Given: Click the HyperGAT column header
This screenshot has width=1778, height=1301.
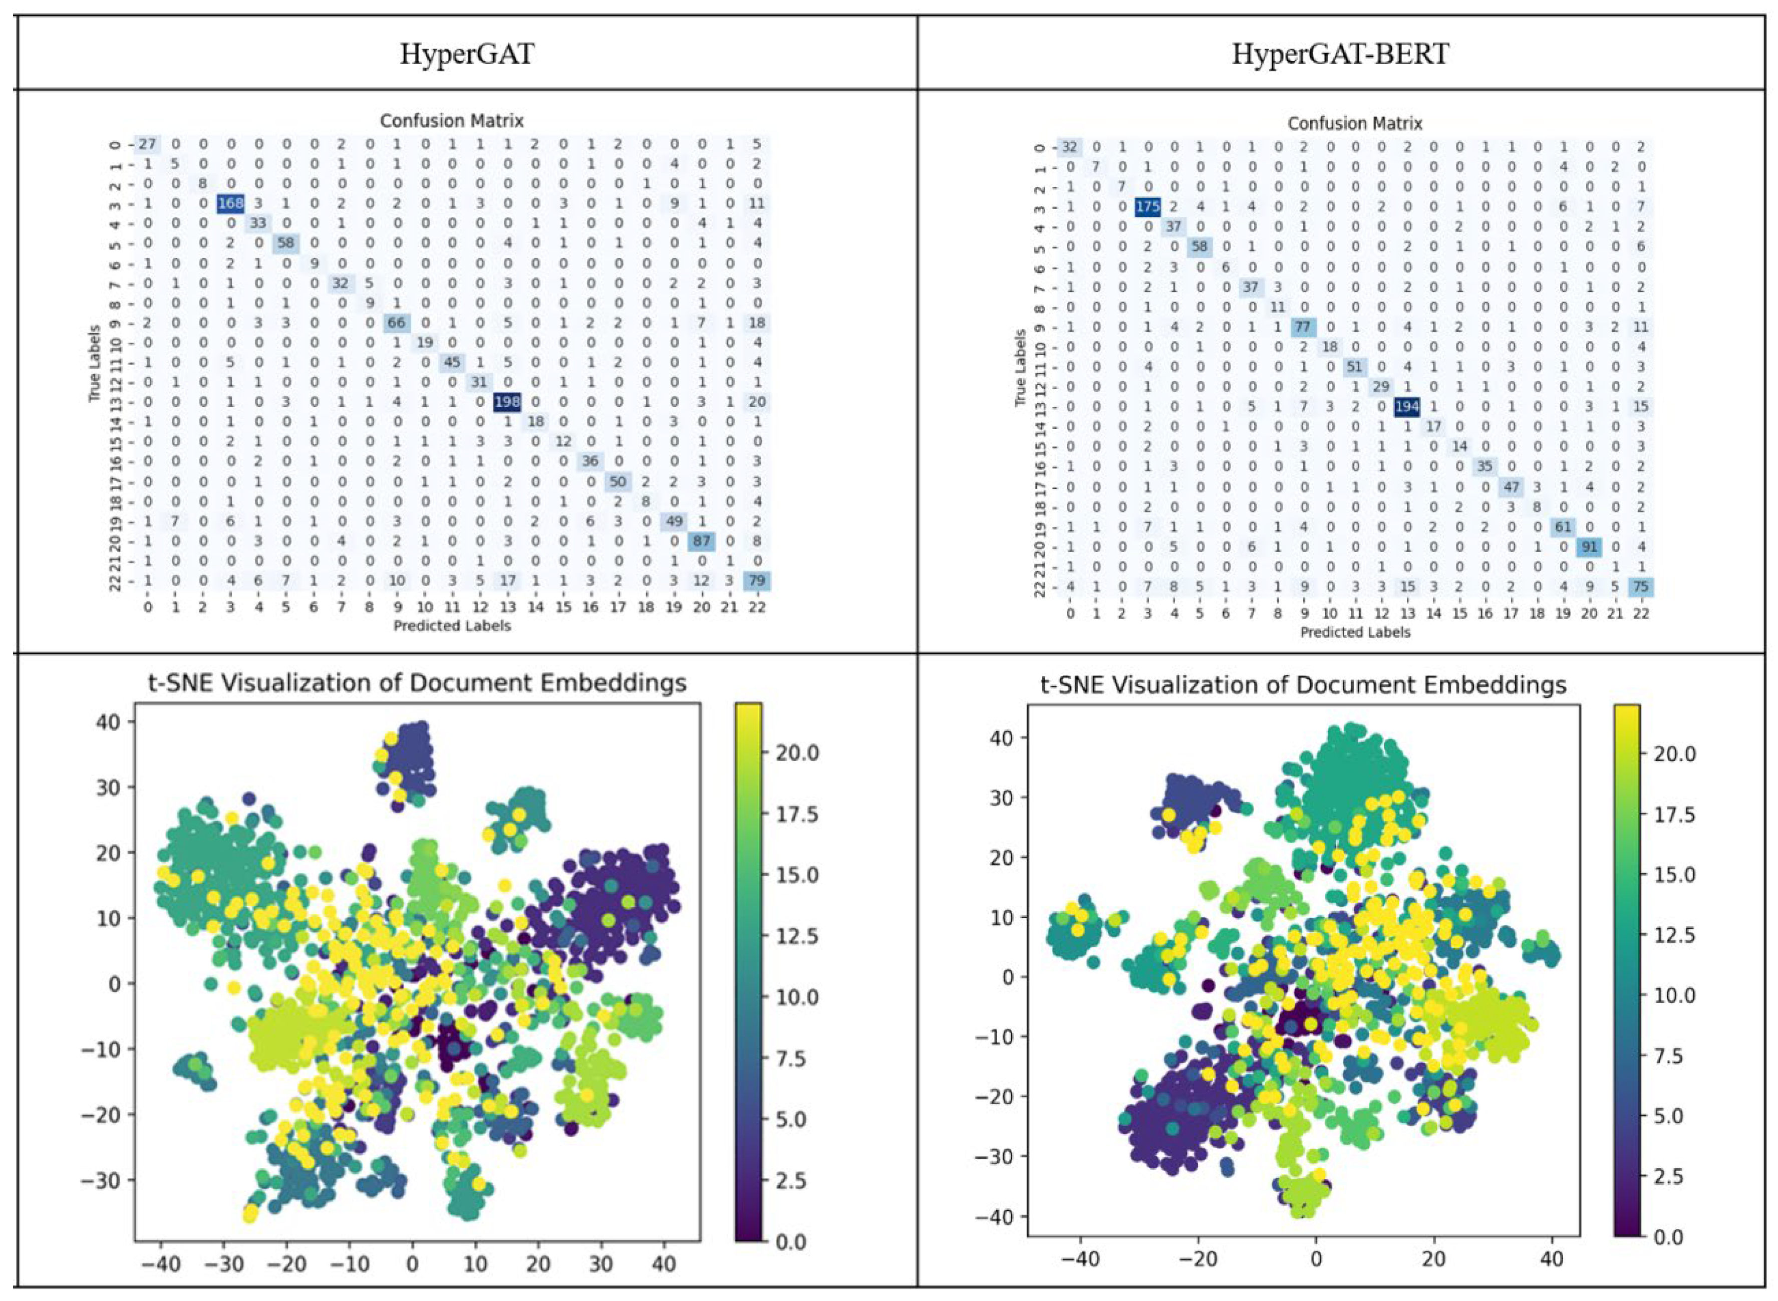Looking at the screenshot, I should (467, 54).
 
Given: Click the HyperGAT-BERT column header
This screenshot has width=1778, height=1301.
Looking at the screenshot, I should (1340, 54).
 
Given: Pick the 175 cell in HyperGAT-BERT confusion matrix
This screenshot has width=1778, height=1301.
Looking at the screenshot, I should (1148, 207).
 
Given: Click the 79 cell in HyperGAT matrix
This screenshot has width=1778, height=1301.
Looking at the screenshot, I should (757, 581).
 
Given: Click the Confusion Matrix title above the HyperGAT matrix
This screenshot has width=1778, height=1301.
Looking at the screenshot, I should (451, 121).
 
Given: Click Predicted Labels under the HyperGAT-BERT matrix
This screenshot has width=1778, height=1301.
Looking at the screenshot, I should (1354, 632).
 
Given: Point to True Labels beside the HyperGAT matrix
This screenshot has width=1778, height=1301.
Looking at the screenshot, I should (95, 364).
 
